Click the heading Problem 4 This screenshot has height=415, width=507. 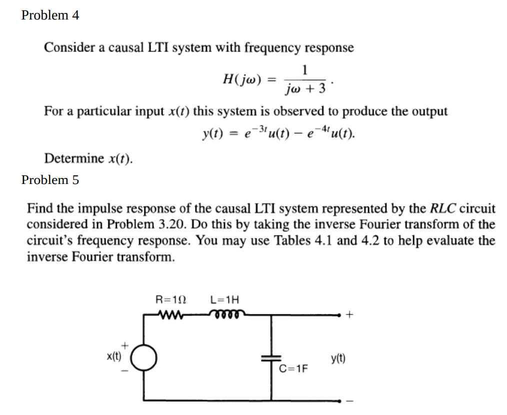[50, 15]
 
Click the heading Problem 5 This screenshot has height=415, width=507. [50, 179]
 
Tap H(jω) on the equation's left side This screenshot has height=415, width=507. [242, 78]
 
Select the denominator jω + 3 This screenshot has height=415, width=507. [305, 89]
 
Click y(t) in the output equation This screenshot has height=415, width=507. [212, 133]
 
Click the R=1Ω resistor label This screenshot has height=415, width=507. [171, 300]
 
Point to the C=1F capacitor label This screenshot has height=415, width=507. [293, 369]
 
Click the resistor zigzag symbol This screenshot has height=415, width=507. [171, 314]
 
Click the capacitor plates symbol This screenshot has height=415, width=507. [272, 358]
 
